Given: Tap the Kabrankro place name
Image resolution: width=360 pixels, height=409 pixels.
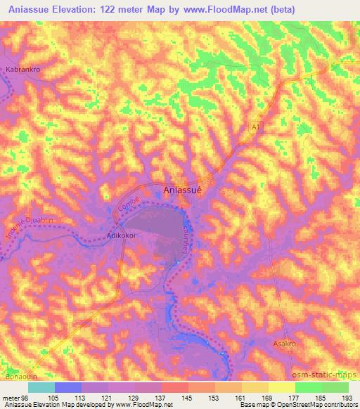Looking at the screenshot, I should point(20,70).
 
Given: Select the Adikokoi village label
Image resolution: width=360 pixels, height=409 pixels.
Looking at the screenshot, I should point(120,236).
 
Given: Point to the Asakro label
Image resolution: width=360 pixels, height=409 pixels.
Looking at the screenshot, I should point(285,344).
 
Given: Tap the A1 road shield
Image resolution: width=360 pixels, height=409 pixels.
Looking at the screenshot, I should point(256,126).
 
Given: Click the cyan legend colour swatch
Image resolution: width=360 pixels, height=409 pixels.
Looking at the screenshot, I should point(41,387).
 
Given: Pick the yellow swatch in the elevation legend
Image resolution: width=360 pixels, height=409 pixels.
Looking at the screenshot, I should point(282,387).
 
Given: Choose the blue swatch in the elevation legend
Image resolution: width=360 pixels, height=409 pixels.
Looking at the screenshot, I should point(68,387).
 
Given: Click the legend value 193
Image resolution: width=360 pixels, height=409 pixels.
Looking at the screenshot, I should point(347,397).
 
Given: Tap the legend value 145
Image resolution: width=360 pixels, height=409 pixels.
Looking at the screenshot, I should point(187,397).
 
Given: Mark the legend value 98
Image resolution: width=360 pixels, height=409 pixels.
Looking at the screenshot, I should point(29,397).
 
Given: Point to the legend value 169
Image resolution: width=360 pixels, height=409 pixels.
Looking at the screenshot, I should point(267,397).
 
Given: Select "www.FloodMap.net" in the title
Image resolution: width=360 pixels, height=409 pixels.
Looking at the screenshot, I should point(223,9).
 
